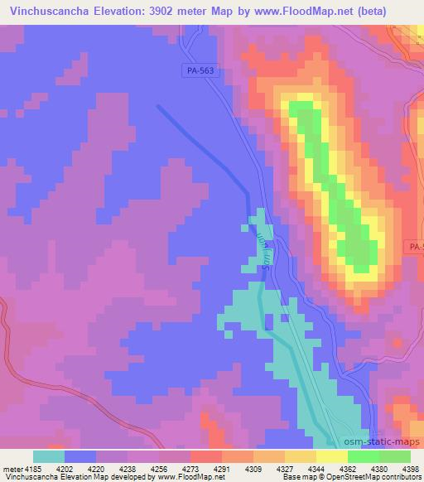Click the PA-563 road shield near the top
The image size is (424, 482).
200,72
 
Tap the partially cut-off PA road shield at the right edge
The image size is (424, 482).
416,247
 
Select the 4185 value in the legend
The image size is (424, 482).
33,468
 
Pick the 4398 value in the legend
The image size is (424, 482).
410,468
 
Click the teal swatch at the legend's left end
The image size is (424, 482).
48,456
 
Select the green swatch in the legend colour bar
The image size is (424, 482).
363,456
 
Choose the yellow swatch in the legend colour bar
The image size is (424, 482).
331,456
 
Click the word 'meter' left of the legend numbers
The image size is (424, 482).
12,468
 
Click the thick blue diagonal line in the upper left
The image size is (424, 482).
203,148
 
